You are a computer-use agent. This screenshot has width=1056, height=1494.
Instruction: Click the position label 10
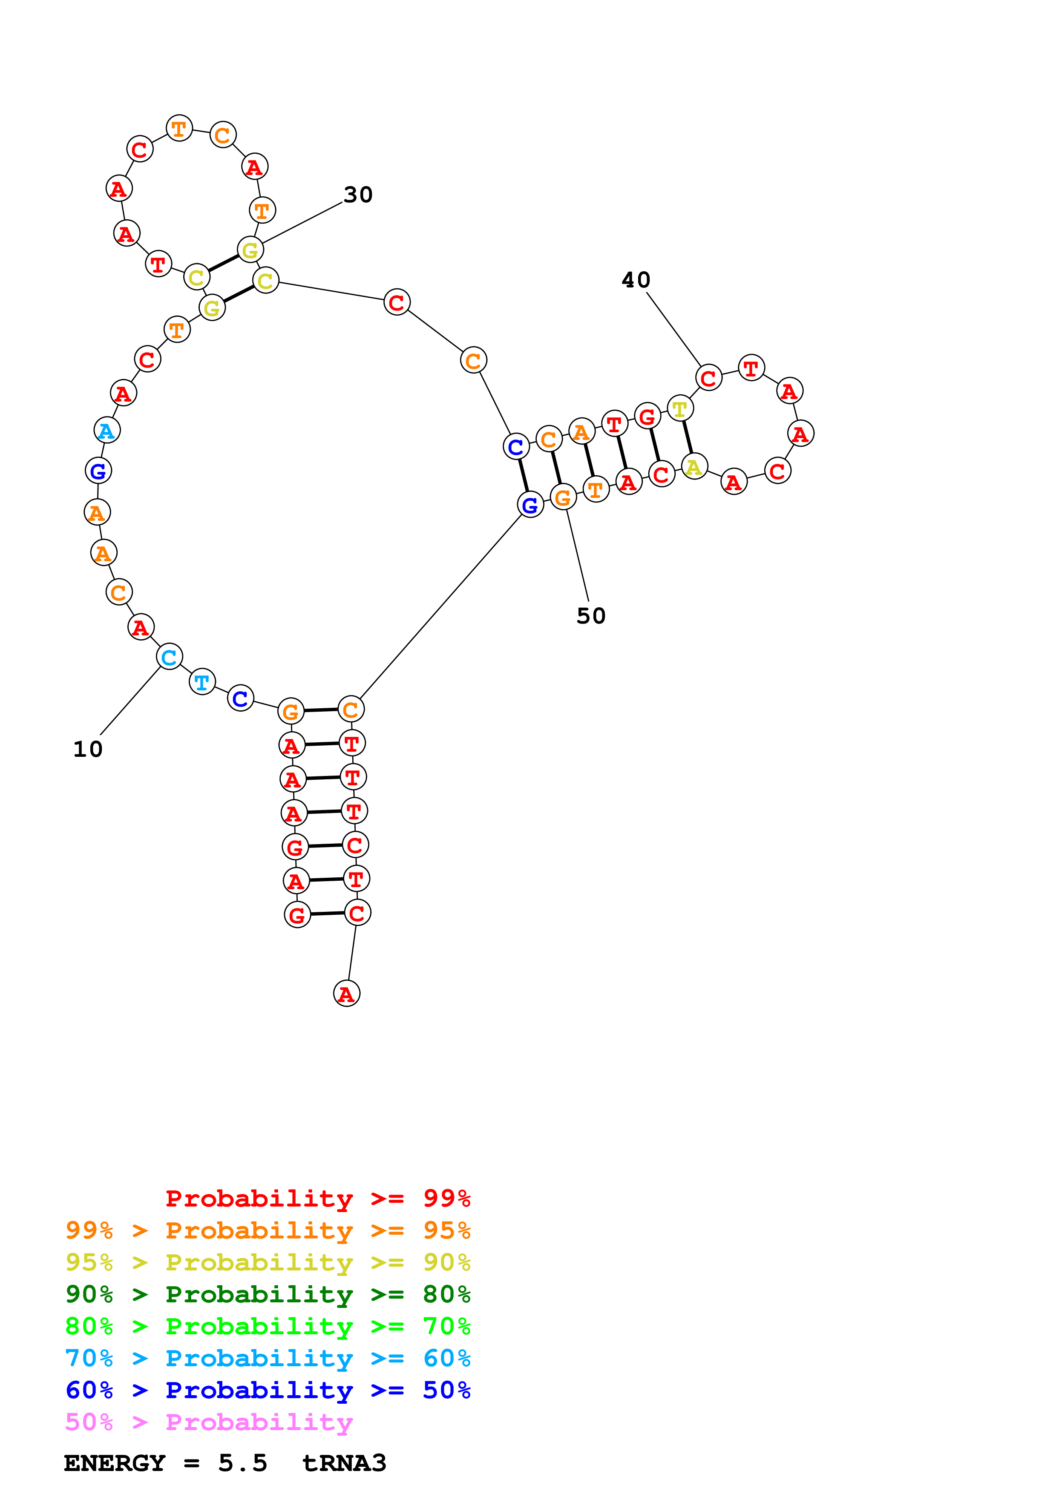[88, 749]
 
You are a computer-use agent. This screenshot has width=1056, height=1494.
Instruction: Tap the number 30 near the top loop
[358, 195]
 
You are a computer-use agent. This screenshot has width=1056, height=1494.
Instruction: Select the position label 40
[636, 280]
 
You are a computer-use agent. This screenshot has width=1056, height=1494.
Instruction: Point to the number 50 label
[591, 615]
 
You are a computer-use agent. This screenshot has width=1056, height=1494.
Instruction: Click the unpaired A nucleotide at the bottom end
[346, 994]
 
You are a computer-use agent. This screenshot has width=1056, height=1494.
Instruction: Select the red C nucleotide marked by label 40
[708, 377]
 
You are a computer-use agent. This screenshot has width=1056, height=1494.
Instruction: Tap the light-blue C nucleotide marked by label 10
[169, 657]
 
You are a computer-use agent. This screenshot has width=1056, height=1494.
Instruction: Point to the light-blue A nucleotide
[106, 430]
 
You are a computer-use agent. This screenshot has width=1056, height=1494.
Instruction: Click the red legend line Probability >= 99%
[317, 1198]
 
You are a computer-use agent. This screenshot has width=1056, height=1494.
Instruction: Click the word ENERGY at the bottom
[115, 1463]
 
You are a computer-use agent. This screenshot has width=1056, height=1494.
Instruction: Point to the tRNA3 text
[344, 1463]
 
